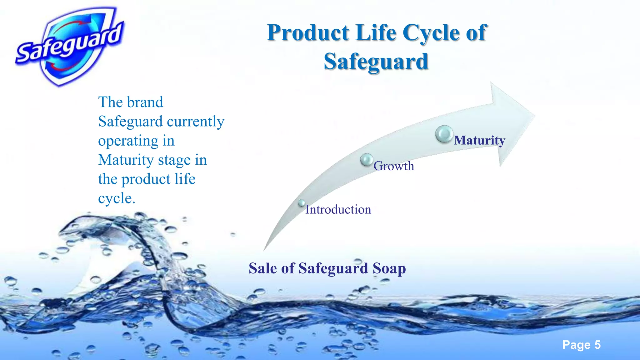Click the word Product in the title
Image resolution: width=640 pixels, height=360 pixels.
point(308,33)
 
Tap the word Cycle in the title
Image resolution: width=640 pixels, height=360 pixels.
point(431,33)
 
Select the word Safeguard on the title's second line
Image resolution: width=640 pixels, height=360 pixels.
point(376,61)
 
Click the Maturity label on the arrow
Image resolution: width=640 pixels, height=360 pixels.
point(479,140)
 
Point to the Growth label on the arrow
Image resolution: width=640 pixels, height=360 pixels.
point(394,166)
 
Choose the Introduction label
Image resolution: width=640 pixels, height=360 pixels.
point(338,209)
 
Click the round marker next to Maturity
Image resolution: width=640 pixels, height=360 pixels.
point(444,134)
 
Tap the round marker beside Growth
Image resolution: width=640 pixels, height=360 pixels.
point(367,160)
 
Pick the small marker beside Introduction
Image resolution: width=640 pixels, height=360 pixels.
point(301,203)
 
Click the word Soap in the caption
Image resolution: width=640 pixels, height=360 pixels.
point(389,268)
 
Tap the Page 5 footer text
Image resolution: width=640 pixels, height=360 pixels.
point(581,345)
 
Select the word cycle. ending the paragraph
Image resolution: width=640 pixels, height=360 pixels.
point(117,198)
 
